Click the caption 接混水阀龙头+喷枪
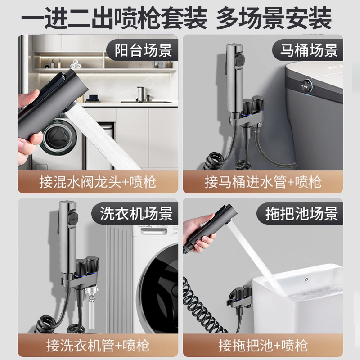(97, 182)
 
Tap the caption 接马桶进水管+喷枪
(263, 182)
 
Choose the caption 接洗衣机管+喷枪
(97, 345)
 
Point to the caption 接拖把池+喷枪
(263, 345)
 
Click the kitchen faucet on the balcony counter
(142, 93)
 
